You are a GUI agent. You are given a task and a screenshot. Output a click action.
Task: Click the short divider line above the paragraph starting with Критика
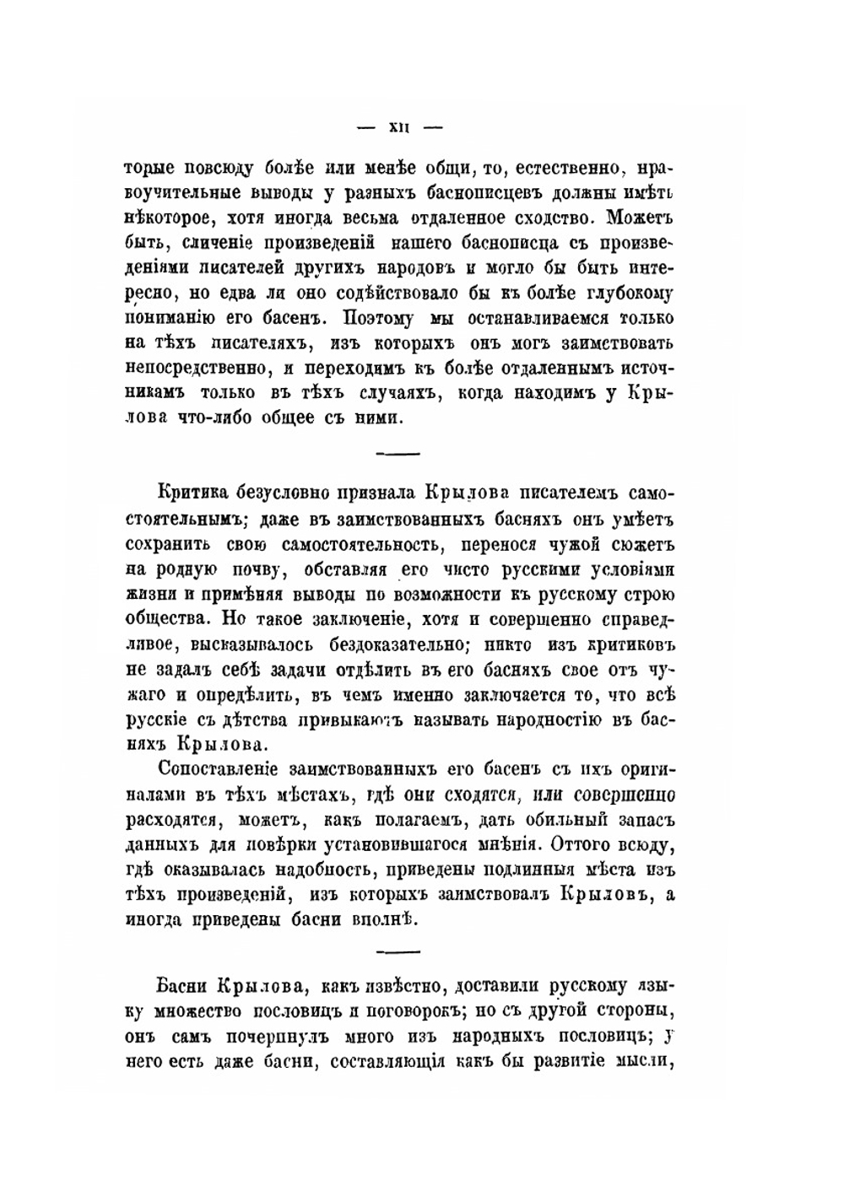(396, 455)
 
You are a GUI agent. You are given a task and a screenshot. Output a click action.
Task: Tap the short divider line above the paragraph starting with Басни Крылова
(396, 951)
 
